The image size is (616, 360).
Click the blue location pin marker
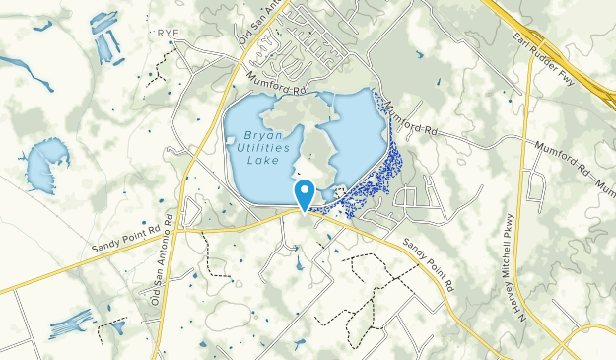pyautogui.click(x=305, y=193)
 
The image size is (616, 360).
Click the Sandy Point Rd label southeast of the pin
pyautogui.click(x=428, y=267)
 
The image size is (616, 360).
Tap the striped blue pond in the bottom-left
pyautogui.click(x=72, y=322)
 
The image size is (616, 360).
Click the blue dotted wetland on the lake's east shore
pyautogui.click(x=389, y=163)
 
